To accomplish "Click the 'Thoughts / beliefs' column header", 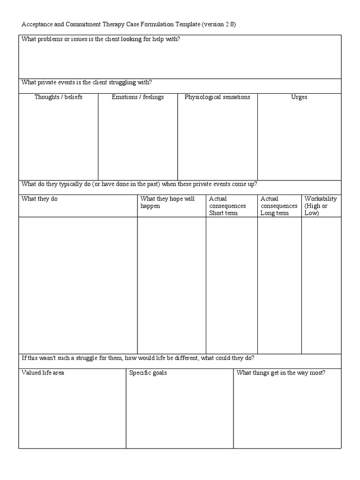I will (x=58, y=97).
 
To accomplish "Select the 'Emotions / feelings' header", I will (x=138, y=97).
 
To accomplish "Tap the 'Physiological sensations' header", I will (x=217, y=97).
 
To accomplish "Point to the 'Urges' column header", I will (x=299, y=97).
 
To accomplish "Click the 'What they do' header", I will (x=40, y=199).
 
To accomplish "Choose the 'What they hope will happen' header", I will (x=167, y=202).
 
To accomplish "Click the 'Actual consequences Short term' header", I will (x=227, y=206).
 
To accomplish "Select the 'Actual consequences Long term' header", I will (x=279, y=206).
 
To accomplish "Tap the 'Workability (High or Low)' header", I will (x=321, y=206).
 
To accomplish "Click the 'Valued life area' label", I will (x=43, y=373).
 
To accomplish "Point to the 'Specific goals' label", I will (x=148, y=373).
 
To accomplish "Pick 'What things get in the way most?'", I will (x=281, y=373).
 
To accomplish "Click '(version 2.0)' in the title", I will (x=219, y=24).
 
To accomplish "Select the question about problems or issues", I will (x=101, y=39).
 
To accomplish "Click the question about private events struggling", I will (x=87, y=82).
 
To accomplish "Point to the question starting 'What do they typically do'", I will (x=139, y=184).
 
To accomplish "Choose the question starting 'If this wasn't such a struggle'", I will (x=138, y=358).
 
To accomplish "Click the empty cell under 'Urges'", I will (x=299, y=141).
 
